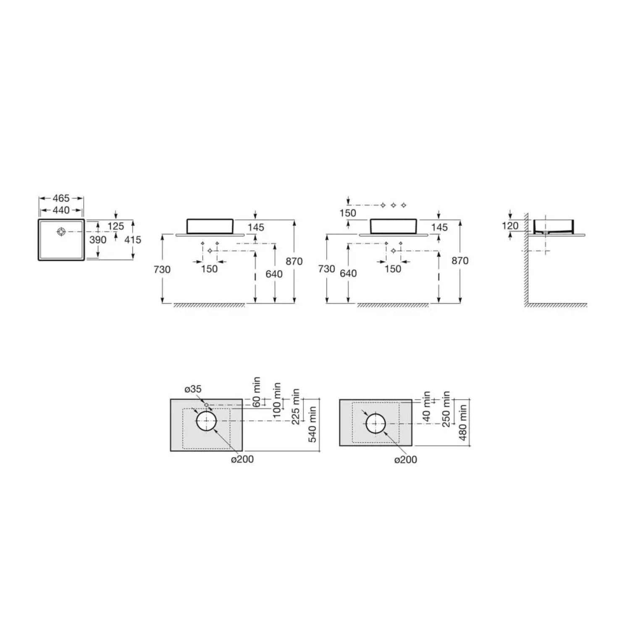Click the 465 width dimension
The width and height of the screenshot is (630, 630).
coord(61,198)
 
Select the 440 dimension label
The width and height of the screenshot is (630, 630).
coord(61,210)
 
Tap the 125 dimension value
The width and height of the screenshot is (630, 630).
coord(115,226)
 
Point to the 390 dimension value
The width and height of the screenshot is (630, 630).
coord(98,240)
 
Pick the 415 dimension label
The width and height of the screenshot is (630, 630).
coord(133,240)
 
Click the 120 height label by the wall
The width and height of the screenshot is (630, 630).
coord(510,226)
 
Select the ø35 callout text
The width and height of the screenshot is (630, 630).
coord(193,389)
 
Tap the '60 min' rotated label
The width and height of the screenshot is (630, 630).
coord(257,391)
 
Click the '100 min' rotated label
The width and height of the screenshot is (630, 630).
coord(276,400)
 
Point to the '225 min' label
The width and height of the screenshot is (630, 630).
coord(296,406)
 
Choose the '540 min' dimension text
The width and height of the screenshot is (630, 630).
coord(313,424)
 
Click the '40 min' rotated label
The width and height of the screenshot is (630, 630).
coord(427,406)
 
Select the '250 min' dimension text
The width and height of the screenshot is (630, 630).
coord(446,409)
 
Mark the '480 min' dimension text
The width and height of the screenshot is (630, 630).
coord(463,422)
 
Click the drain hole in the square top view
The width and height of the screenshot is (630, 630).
coord(62,231)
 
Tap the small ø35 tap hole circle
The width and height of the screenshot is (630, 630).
coord(207,405)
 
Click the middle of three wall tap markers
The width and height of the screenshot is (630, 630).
coord(394,205)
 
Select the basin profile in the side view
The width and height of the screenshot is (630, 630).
coord(554,226)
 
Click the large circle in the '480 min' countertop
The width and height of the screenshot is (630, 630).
coord(375,423)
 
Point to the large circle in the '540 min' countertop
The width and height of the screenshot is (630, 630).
coord(206,421)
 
